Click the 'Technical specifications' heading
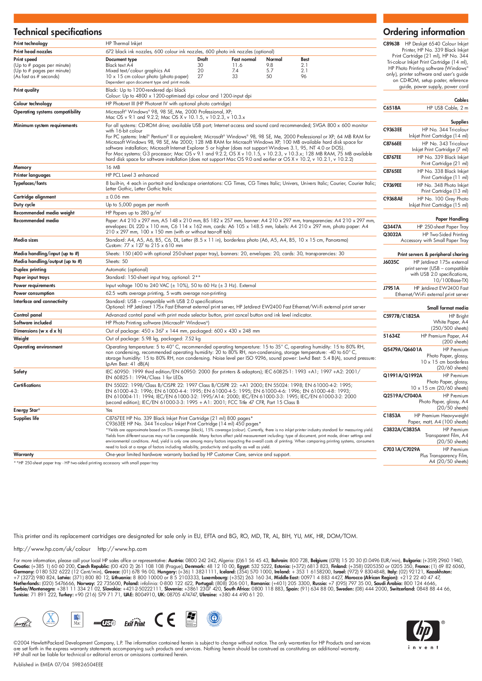click(x=58, y=32)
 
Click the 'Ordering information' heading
click(x=424, y=32)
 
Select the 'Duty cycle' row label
click(x=24, y=205)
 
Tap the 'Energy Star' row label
click(x=26, y=410)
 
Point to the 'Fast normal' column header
click(x=244, y=59)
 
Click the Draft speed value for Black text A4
click(x=200, y=65)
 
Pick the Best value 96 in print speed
click(x=304, y=77)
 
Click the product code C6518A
click(x=391, y=108)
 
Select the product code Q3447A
click(x=392, y=227)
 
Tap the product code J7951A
click(x=391, y=288)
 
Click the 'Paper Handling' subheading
click(x=452, y=219)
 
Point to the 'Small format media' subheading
click(x=447, y=308)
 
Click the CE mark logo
click(x=165, y=620)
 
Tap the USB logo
click(x=105, y=623)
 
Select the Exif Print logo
click(x=134, y=624)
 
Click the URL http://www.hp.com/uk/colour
click(x=52, y=549)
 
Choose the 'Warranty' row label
click(x=23, y=455)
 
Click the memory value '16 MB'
click(x=113, y=167)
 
